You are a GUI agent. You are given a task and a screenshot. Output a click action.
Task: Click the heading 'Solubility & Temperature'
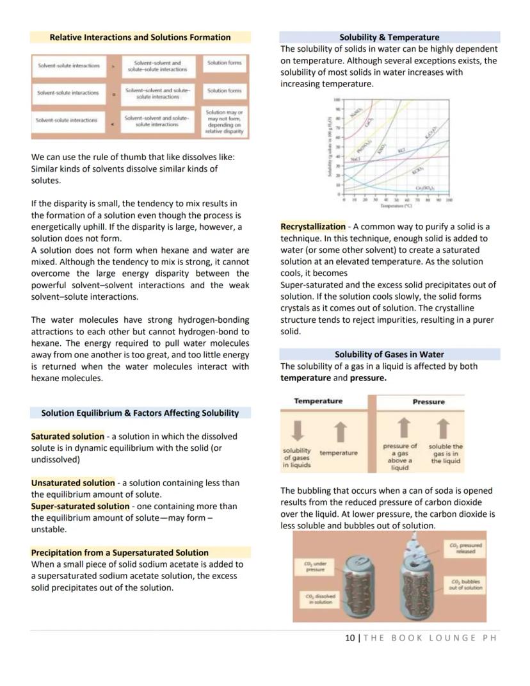click(x=389, y=37)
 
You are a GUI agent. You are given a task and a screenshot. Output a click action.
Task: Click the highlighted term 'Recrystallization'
click(x=313, y=227)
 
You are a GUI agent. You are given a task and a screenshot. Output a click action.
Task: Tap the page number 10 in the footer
click(x=349, y=637)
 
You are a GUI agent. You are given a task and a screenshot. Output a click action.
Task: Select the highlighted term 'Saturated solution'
click(x=67, y=436)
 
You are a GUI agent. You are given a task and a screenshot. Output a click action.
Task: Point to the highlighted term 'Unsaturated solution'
click(x=73, y=483)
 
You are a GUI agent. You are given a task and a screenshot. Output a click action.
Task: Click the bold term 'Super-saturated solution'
click(x=80, y=506)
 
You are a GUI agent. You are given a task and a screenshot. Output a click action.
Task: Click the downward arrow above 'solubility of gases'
click(x=296, y=430)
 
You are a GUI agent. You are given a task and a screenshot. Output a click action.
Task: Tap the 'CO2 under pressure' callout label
click(x=314, y=566)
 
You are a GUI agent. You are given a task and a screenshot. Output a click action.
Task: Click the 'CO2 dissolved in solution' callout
click(x=318, y=598)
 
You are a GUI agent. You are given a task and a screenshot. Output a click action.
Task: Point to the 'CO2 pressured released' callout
click(x=465, y=548)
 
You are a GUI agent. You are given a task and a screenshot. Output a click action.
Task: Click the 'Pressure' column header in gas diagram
click(x=428, y=402)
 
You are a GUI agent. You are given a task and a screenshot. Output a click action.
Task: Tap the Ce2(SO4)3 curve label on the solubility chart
click(x=424, y=188)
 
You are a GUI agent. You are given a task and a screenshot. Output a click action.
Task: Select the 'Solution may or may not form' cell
click(x=224, y=122)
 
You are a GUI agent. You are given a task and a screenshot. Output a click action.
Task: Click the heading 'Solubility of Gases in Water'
click(x=389, y=354)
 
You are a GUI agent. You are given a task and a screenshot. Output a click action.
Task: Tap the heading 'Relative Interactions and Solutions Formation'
click(x=140, y=37)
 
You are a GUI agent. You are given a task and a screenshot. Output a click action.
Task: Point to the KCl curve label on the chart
click(x=402, y=151)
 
